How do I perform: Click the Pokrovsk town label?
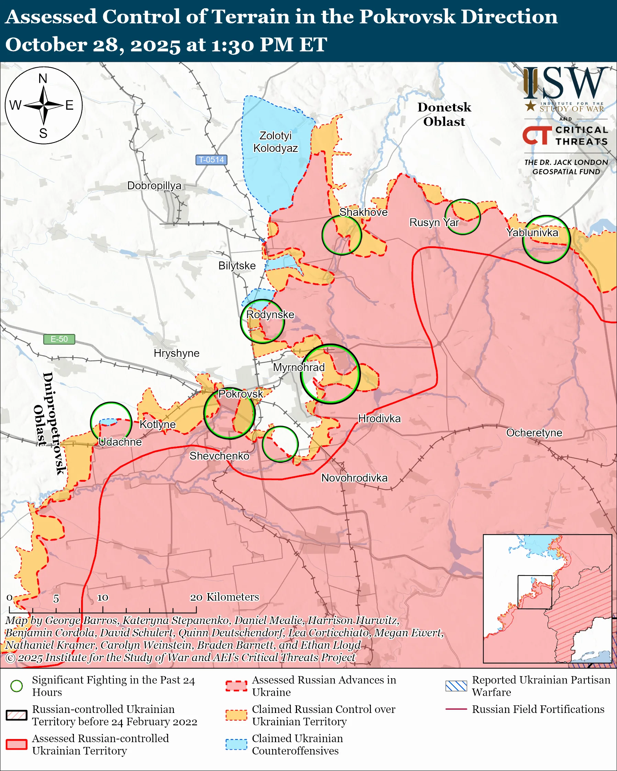[x=240, y=394]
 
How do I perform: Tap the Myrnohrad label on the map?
[x=299, y=367]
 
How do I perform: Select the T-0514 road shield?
[x=211, y=160]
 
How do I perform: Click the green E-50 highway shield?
[x=59, y=339]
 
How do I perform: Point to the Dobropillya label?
[x=154, y=186]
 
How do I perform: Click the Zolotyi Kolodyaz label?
[x=275, y=142]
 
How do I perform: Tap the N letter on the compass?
[x=43, y=78]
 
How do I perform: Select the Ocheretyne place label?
[x=534, y=433]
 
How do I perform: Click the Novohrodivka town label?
[x=354, y=478]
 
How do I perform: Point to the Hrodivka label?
[x=379, y=418]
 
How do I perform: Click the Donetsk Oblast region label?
[x=444, y=114]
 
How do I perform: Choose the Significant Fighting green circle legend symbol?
[x=16, y=686]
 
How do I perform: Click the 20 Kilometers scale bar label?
[x=224, y=597]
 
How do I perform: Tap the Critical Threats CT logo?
[x=537, y=135]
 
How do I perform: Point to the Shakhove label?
[x=363, y=212]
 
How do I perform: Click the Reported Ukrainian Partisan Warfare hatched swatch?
[x=456, y=686]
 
